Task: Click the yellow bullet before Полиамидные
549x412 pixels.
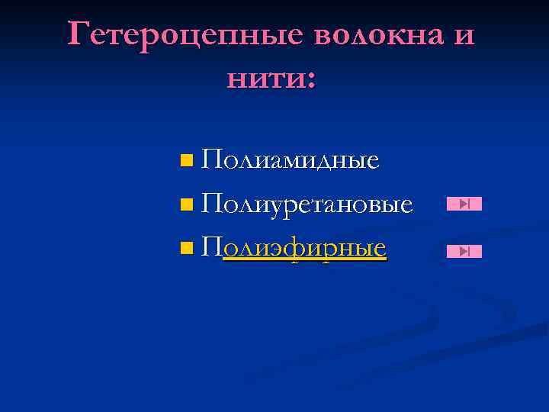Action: point(188,161)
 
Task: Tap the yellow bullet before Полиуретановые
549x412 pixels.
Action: point(188,204)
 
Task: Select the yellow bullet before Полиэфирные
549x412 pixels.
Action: point(188,248)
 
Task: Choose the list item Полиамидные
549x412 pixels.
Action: point(291,160)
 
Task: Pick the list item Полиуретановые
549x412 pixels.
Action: point(308,204)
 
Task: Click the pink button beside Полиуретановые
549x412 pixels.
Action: point(464,204)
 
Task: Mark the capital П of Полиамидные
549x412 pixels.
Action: point(213,160)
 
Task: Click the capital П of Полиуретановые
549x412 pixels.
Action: point(213,204)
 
